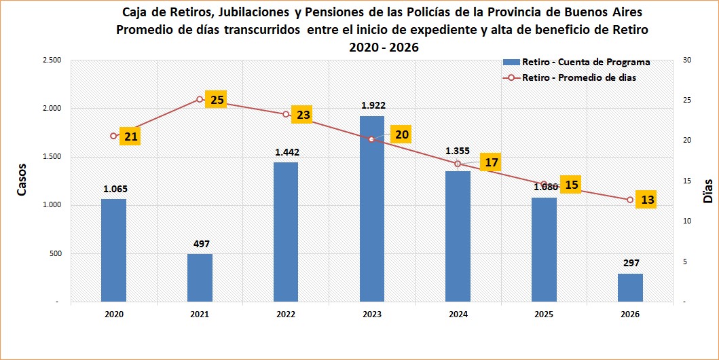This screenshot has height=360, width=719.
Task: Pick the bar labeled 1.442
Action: tap(286, 232)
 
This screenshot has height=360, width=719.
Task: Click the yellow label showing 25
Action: tap(217, 100)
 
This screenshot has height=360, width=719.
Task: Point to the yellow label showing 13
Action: tap(648, 200)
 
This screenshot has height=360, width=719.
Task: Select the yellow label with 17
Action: tap(492, 162)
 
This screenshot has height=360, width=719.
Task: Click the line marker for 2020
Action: tap(113, 136)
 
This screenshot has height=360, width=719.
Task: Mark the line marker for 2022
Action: tap(286, 114)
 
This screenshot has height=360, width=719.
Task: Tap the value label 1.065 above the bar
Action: tap(115, 189)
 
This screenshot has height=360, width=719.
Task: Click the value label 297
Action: tap(630, 263)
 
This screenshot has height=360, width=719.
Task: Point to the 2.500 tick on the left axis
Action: tap(52, 60)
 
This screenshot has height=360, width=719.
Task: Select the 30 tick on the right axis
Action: tap(686, 60)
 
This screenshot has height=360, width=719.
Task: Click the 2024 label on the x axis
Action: tap(458, 314)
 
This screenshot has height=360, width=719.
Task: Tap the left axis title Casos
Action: tap(22, 179)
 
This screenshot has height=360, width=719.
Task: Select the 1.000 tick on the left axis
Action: tap(52, 205)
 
